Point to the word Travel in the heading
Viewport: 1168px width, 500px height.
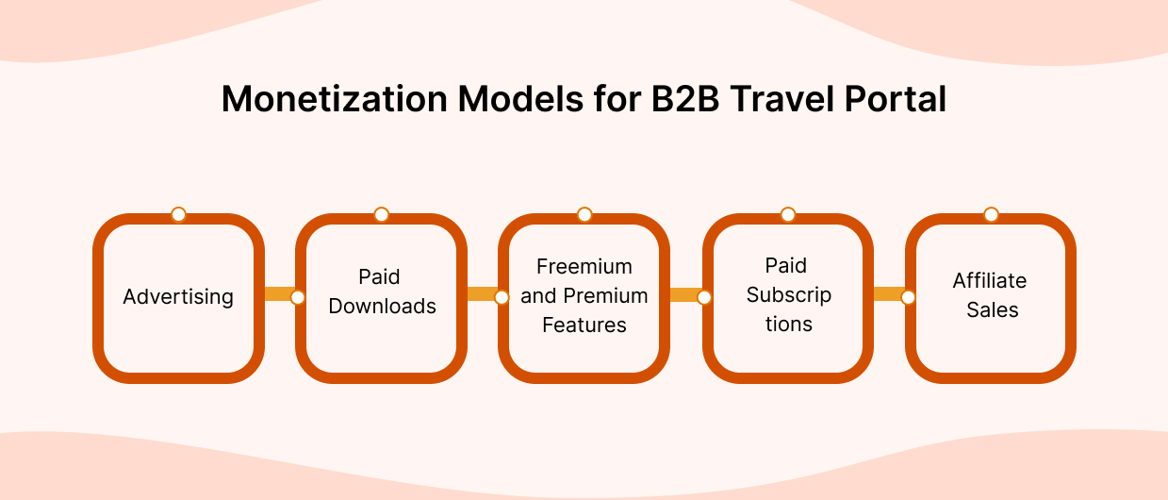coord(781,99)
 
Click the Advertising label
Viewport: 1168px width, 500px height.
coord(178,297)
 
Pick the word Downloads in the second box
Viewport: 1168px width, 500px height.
coord(382,307)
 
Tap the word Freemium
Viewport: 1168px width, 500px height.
coord(584,266)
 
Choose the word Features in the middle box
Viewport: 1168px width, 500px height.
coord(584,325)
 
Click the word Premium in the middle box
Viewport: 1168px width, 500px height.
coord(604,296)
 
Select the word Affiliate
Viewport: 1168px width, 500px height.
coord(989,280)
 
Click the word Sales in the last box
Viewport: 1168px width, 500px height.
coord(992,309)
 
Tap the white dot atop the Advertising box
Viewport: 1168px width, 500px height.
coord(178,214)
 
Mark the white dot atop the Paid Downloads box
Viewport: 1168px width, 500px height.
coord(381,214)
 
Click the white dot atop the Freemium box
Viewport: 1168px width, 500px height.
coord(584,214)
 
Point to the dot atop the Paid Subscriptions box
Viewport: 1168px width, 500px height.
coord(788,214)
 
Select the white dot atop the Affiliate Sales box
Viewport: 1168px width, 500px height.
coord(991,214)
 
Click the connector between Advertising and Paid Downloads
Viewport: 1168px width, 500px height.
coord(279,295)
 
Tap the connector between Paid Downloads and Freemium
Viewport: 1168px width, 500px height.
coord(482,295)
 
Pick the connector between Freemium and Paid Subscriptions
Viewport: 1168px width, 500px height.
coord(685,295)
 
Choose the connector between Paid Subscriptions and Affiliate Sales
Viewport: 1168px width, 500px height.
coord(889,295)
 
